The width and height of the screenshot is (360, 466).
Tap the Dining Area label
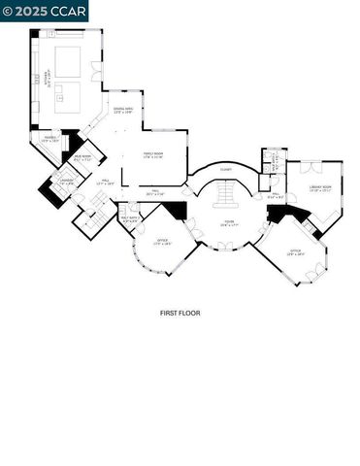click(x=122, y=110)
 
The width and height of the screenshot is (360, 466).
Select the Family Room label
click(x=153, y=154)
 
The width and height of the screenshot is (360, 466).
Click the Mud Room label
click(x=84, y=158)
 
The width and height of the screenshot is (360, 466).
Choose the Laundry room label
click(x=66, y=181)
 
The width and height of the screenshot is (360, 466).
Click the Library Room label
click(x=320, y=188)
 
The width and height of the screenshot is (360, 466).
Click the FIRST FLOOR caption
click(x=180, y=312)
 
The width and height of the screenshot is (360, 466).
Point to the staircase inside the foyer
click(x=227, y=198)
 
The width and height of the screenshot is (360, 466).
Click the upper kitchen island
click(x=68, y=61)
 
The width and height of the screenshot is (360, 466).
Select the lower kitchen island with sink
click(x=68, y=96)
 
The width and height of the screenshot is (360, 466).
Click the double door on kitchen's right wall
click(x=96, y=71)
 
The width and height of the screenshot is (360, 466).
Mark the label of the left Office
click(x=161, y=242)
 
